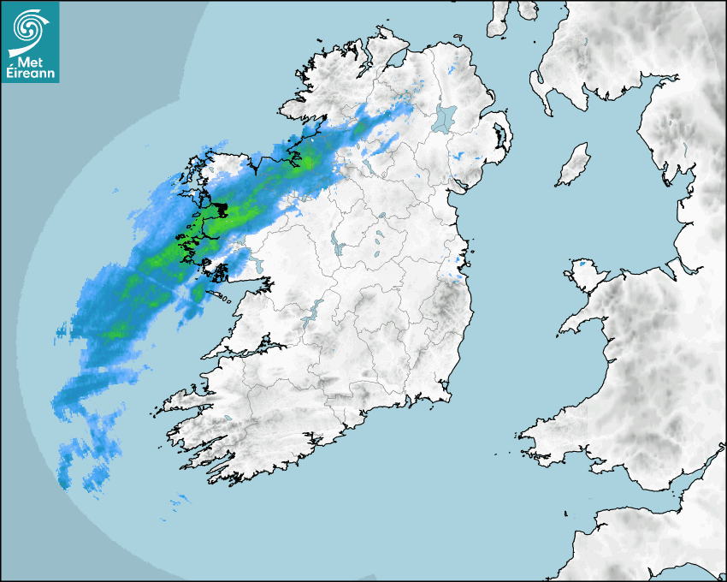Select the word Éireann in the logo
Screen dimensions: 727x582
tap(30, 74)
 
